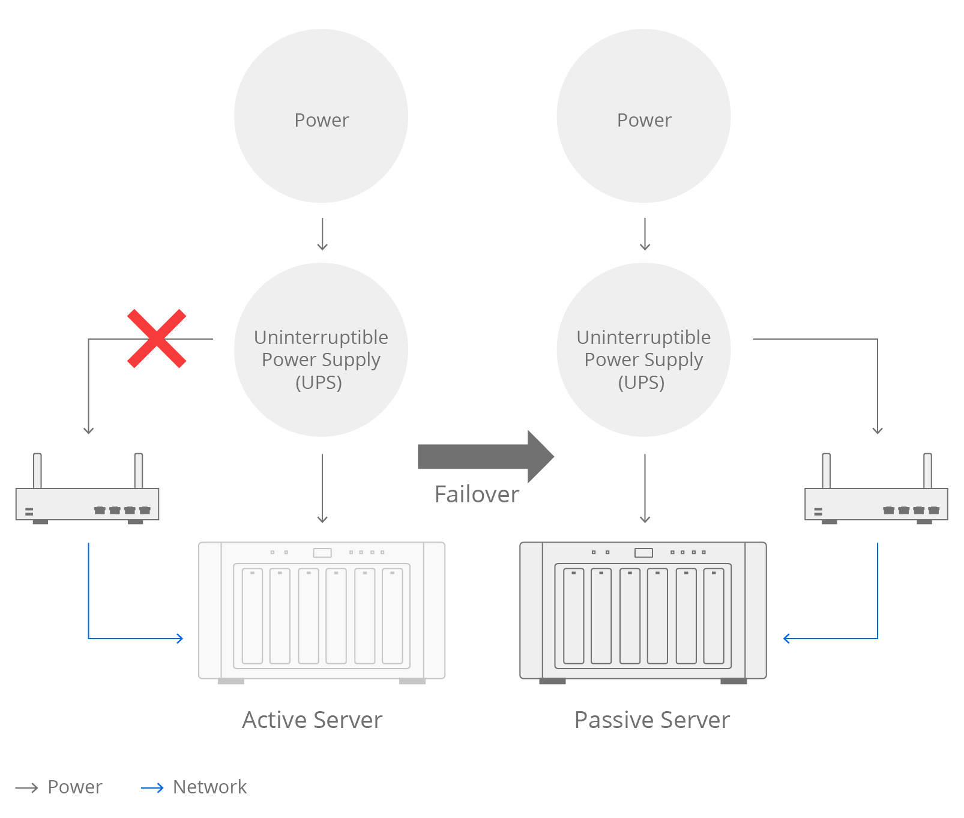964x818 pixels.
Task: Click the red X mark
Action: (x=157, y=338)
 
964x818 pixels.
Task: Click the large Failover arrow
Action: (x=485, y=457)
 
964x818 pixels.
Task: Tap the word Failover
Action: (x=477, y=495)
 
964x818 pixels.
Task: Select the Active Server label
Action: (x=312, y=720)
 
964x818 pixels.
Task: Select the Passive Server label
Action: (x=652, y=720)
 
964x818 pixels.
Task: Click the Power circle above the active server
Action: (x=321, y=116)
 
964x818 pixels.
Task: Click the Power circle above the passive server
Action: (x=643, y=116)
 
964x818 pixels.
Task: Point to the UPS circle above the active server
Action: (x=321, y=350)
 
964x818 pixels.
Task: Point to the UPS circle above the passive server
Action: (x=643, y=350)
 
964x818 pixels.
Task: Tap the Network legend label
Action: (x=209, y=787)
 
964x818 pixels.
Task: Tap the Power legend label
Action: (x=75, y=787)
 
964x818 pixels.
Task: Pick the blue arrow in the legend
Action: (x=152, y=788)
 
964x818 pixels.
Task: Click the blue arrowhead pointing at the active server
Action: (x=179, y=639)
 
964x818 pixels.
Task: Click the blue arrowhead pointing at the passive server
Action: (x=787, y=639)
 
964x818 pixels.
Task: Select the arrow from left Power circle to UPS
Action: (x=322, y=234)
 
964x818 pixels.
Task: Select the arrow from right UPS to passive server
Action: (x=645, y=489)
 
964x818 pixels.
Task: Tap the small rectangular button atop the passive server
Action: (x=643, y=553)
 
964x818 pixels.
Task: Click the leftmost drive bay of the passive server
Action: (x=574, y=616)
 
